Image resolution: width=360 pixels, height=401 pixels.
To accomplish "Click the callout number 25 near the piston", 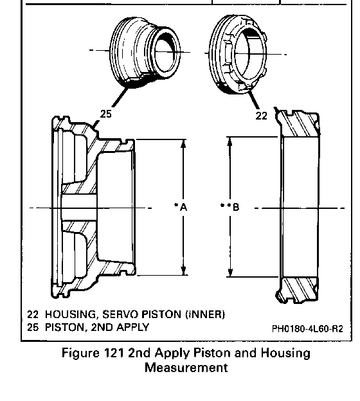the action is [105, 114].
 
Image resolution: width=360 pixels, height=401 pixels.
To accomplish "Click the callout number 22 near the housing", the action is [261, 116].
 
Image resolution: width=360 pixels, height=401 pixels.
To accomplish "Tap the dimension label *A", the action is [181, 207].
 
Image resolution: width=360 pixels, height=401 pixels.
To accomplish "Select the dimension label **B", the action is [230, 207].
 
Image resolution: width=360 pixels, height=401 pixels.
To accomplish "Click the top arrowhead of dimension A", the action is [183, 144].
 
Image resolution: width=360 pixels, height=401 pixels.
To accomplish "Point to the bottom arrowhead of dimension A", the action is [183, 271].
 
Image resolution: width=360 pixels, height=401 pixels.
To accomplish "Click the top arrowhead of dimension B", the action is [230, 141].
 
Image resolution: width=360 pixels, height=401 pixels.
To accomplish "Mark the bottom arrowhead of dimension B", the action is [230, 272].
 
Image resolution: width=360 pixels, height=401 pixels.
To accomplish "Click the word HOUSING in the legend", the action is [71, 314].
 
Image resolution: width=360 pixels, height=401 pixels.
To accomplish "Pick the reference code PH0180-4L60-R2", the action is [307, 328].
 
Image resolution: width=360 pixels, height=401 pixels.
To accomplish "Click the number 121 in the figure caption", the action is [114, 353].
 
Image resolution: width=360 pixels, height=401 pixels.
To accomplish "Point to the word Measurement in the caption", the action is [186, 368].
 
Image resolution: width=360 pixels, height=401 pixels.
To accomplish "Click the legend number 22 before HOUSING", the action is [33, 314].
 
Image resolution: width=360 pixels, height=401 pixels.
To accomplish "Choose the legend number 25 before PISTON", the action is [33, 327].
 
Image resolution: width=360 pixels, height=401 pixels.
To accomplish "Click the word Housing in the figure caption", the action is [285, 353].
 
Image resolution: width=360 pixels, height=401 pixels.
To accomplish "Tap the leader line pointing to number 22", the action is [253, 99].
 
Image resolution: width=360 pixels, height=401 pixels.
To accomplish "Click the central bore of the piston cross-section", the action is [79, 208].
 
